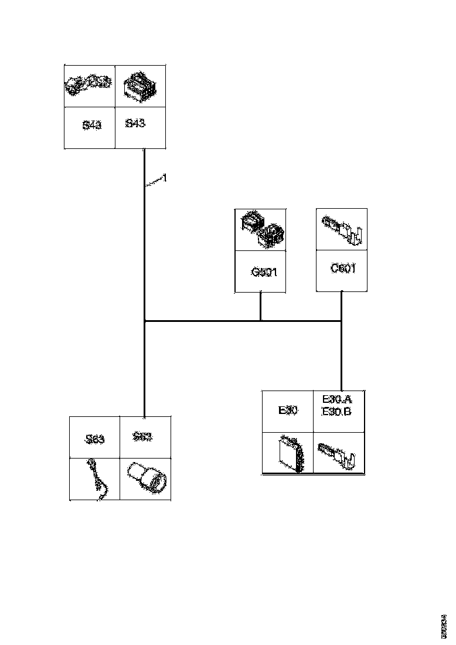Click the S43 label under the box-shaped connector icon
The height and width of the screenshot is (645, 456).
point(135,124)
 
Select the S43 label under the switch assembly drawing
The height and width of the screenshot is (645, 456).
point(91,125)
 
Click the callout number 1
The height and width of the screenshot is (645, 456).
point(165,178)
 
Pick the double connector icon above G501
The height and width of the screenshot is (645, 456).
point(261,229)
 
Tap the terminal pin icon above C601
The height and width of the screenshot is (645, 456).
point(342,230)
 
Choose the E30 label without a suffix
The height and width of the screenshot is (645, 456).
point(288,410)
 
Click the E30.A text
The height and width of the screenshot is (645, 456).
point(337,399)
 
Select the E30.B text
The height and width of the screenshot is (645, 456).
point(337,411)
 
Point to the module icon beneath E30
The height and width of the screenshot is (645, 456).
point(291,453)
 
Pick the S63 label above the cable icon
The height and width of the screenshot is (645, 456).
point(94,439)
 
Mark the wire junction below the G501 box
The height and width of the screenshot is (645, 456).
point(261,321)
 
